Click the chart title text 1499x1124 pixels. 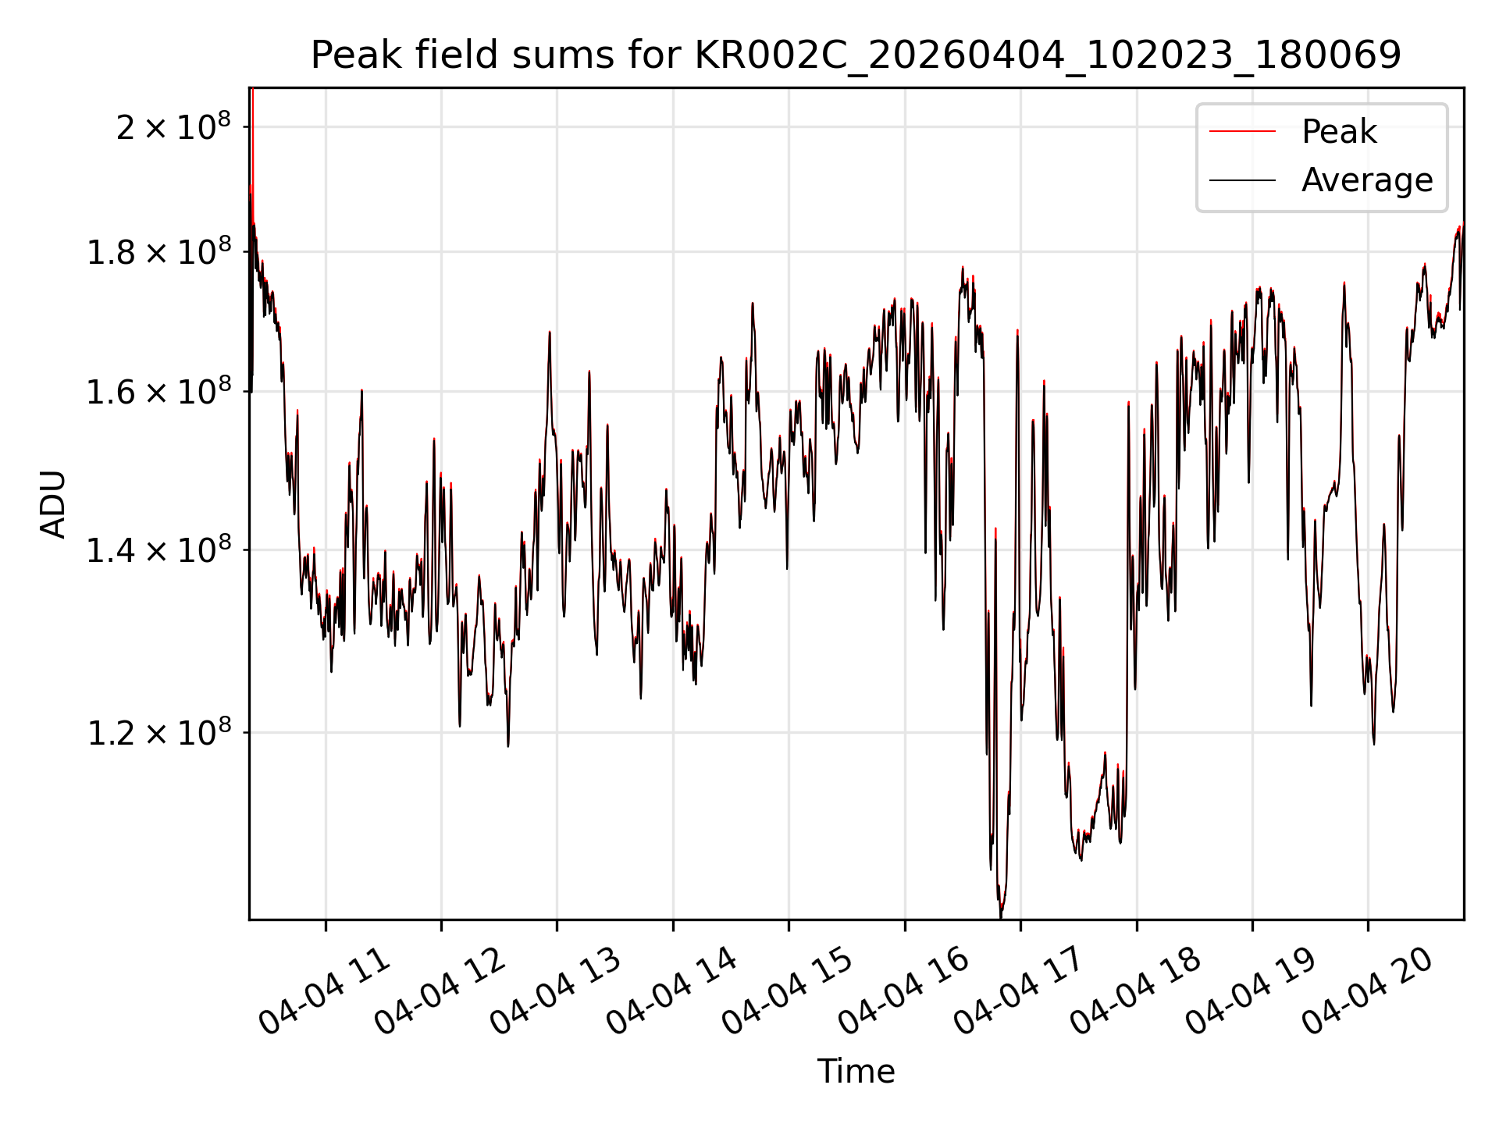[x=856, y=55]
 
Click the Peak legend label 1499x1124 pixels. [x=1339, y=132]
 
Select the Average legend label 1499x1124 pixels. [x=1367, y=180]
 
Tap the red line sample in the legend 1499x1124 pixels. [x=1242, y=132]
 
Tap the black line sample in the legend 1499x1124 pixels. [x=1242, y=180]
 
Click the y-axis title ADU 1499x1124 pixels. [x=54, y=504]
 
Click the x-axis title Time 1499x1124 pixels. [x=856, y=1071]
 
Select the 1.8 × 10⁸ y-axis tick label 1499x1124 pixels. [x=159, y=251]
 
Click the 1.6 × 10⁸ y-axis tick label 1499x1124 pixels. [x=159, y=391]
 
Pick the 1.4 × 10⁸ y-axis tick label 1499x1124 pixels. [x=159, y=550]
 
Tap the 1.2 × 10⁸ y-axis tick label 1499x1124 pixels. [x=159, y=732]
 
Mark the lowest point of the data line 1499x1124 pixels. [x=1001, y=917]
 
